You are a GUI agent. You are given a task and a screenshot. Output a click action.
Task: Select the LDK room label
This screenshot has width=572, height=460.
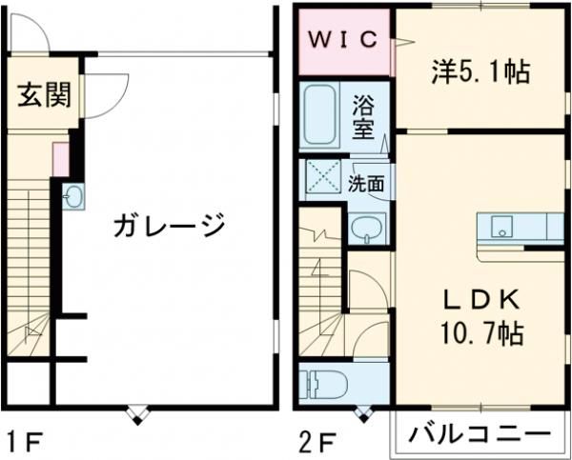[480, 300]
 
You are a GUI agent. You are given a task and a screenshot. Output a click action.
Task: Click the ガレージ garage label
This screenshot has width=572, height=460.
[169, 226]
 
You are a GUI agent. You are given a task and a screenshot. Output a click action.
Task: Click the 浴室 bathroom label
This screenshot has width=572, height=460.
[363, 115]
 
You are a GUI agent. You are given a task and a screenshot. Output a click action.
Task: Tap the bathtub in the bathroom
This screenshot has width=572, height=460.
[319, 115]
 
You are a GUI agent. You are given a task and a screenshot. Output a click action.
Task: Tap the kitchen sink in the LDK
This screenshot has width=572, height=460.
[501, 229]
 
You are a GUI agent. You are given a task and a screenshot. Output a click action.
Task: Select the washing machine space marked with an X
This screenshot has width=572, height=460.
[322, 178]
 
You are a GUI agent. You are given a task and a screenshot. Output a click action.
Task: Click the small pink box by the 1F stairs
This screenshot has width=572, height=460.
[59, 159]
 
